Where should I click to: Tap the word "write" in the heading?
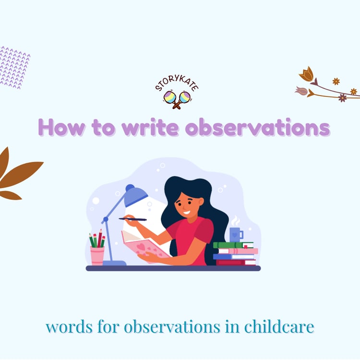[x=150, y=127]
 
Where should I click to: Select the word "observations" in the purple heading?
[x=258, y=127]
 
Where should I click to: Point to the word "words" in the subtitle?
[x=69, y=327]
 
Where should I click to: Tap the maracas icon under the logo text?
[x=177, y=99]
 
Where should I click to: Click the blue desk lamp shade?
[x=135, y=195]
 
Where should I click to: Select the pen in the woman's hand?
[x=132, y=219]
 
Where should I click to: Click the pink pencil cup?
[x=97, y=256]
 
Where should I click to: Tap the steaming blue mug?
[x=236, y=235]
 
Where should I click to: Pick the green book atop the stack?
[x=233, y=245]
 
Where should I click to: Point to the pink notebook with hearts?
[x=144, y=245]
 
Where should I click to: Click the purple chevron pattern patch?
[x=14, y=68]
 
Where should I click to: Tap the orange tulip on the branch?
[x=307, y=74]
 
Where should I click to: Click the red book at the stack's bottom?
[x=236, y=263]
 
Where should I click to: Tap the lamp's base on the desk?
[x=115, y=263]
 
